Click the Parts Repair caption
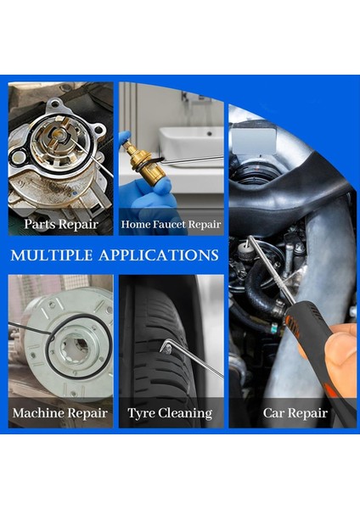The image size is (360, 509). [x=61, y=225]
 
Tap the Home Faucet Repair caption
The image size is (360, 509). [x=172, y=225]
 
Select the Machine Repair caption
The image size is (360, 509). [x=60, y=413]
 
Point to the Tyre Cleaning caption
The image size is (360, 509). [x=170, y=413]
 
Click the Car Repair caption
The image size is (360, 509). [x=295, y=413]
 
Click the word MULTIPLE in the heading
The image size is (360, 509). [x=56, y=255]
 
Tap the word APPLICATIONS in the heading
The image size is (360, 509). [x=162, y=255]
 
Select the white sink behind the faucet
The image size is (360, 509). [x=192, y=144]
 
